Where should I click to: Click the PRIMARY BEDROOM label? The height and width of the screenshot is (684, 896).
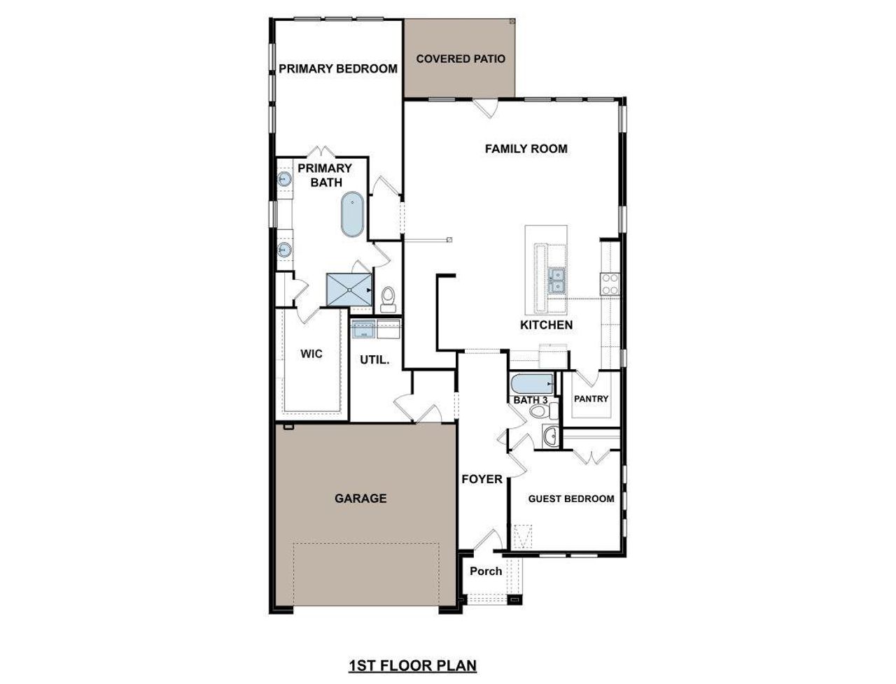(338, 69)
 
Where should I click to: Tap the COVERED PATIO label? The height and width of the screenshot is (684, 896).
(461, 59)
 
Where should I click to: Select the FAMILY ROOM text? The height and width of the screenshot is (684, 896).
(526, 148)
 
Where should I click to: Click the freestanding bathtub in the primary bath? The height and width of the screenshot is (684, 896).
(351, 214)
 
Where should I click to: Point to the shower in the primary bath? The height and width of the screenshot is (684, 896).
(349, 289)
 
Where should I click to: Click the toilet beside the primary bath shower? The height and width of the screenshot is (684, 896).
(388, 299)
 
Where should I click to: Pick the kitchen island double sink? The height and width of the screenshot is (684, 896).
(558, 280)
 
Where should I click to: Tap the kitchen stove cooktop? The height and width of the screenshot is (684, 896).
(610, 283)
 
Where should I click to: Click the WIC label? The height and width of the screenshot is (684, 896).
(311, 354)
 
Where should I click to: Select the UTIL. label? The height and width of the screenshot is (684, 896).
(374, 360)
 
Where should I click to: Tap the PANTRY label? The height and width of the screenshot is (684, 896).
(591, 399)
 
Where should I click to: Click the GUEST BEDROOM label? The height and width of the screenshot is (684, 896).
(571, 499)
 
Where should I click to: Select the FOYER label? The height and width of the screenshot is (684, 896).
(482, 479)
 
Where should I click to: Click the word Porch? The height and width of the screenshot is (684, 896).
(486, 571)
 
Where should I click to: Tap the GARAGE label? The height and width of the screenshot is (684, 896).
(360, 498)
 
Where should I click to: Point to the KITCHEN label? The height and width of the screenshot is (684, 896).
(546, 325)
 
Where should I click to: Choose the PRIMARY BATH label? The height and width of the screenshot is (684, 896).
(325, 175)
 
